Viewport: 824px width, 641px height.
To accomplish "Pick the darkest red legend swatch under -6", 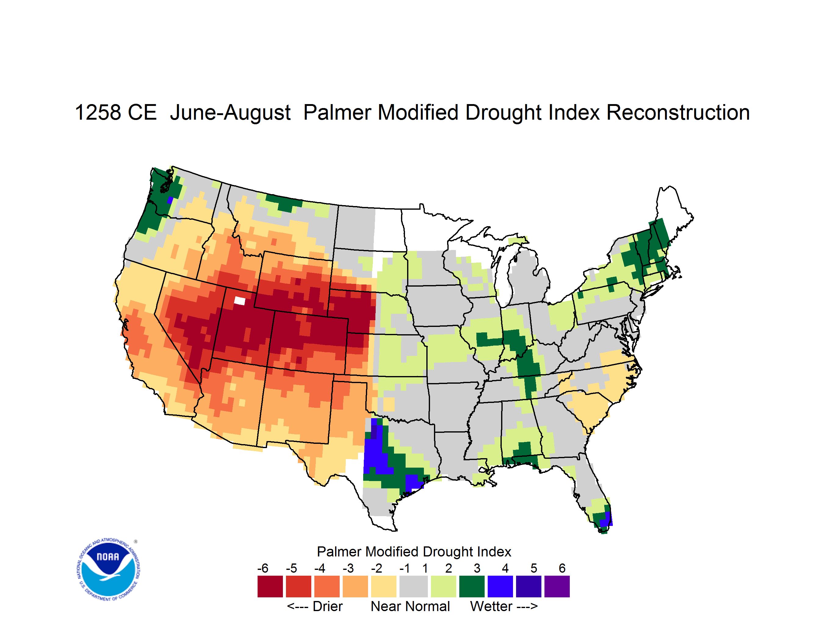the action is tap(270, 586).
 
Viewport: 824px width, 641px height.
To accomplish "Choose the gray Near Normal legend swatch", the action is tap(414, 586).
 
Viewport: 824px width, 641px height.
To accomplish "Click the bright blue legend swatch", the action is tap(500, 586).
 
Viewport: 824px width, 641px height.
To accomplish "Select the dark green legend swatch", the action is tap(472, 586).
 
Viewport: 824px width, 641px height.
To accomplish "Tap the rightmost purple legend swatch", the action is tap(557, 586).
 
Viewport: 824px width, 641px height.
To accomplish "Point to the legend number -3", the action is tap(348, 568).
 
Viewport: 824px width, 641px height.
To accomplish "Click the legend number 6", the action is tap(562, 568).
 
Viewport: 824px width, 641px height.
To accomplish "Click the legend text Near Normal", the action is tap(410, 606).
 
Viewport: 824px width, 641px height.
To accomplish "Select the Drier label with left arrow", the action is tap(315, 606).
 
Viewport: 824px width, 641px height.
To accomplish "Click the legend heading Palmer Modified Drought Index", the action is tap(414, 552).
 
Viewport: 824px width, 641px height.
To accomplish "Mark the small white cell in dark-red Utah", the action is tap(240, 301).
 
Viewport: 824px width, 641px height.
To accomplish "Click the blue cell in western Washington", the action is tap(170, 200).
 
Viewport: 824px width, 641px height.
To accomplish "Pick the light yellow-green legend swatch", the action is tap(443, 586).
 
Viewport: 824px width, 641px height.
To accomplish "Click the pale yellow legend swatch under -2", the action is tap(384, 586).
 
